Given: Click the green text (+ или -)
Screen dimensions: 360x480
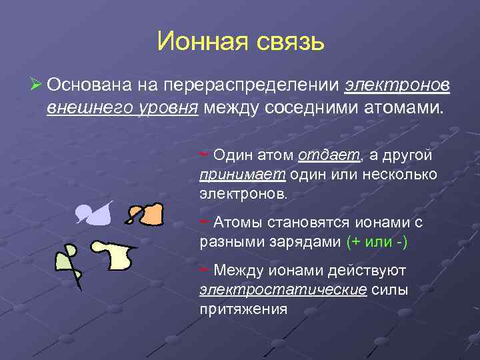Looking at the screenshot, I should coord(377,243).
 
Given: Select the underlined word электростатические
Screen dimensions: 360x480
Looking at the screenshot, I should coord(283,290).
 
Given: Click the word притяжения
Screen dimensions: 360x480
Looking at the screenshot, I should coord(243,309).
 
